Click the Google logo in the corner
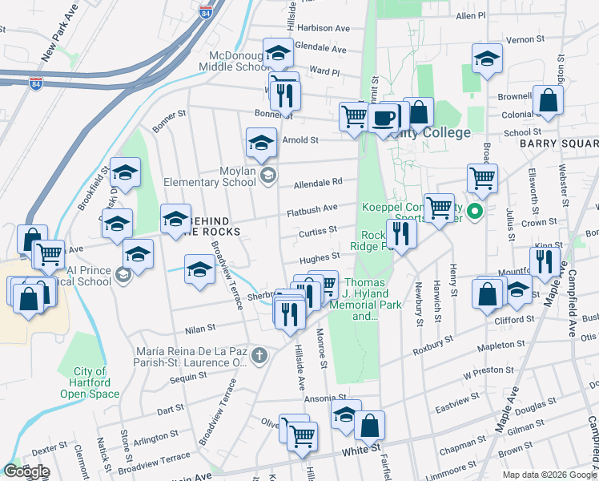26,471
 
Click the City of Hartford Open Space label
90,382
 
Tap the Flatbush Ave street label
312,209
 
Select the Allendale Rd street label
318,183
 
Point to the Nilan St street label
200,327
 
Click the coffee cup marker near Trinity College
384,118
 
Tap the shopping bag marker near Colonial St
548,102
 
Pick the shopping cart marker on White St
302,435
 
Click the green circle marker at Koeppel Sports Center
475,212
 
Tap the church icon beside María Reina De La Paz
259,354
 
